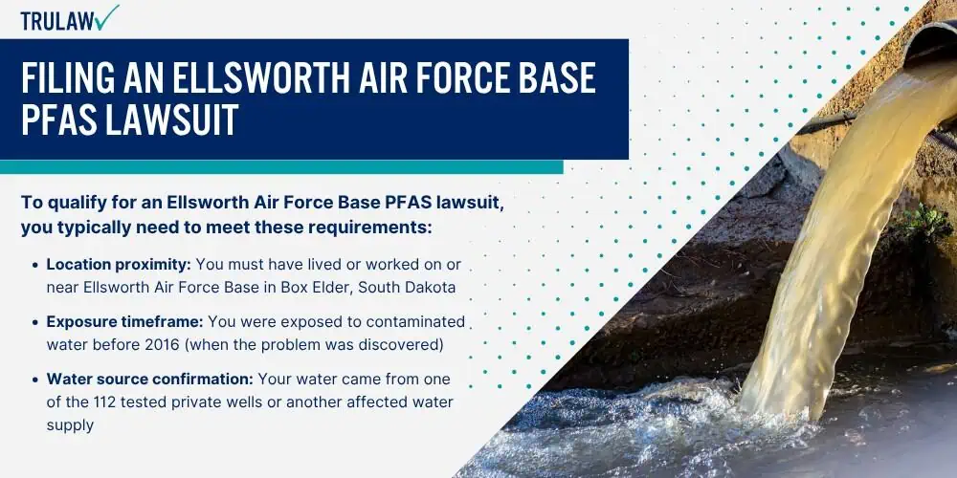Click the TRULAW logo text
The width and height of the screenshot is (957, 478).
pos(58,21)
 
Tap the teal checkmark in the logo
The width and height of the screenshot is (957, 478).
pos(107,17)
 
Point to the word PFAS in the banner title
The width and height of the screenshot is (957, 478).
pos(59,119)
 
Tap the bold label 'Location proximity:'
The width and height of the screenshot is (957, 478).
pos(119,265)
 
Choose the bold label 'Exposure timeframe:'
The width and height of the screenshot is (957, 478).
pos(125,322)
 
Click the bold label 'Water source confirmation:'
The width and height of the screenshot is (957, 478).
pos(150,380)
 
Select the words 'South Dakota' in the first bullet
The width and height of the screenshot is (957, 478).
pos(407,287)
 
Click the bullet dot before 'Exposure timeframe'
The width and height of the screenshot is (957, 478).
pos(36,322)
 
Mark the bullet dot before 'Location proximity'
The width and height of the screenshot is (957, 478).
pos(36,265)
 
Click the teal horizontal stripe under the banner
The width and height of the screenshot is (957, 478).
pos(281,167)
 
